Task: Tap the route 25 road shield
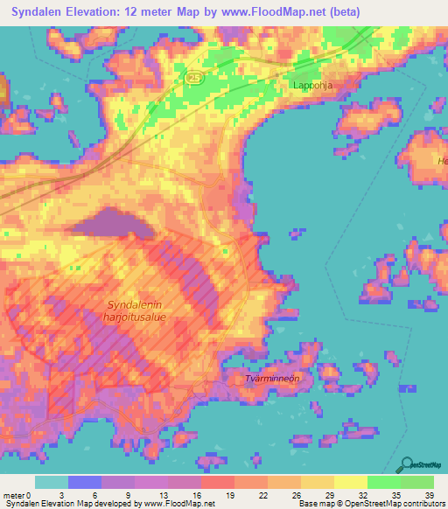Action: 193,78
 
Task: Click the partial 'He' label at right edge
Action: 442,161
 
